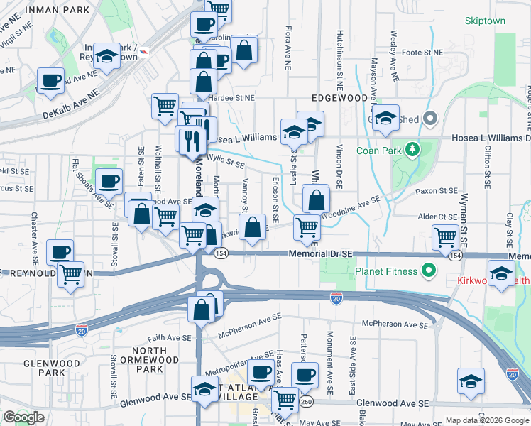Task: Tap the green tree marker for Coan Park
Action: (411, 150)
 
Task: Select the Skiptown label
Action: (485, 21)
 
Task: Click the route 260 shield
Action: (305, 403)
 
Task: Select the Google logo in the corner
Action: (23, 417)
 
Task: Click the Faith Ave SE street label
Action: (170, 339)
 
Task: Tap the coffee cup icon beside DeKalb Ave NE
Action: (50, 80)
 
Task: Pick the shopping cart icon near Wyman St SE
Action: (445, 236)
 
